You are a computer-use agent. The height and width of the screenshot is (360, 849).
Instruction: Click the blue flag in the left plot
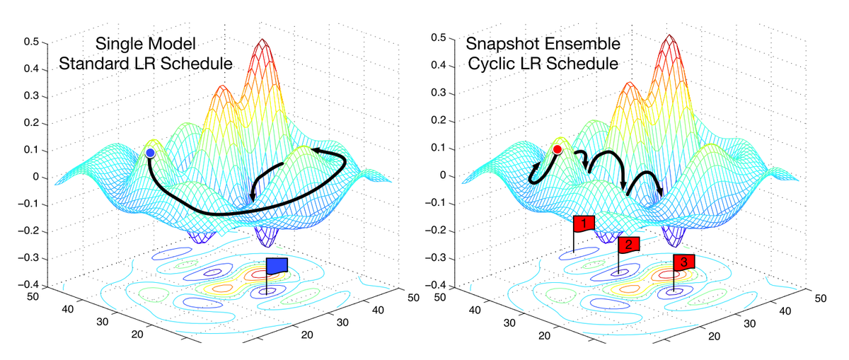tap(277, 265)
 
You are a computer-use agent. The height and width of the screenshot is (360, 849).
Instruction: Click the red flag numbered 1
tap(584, 223)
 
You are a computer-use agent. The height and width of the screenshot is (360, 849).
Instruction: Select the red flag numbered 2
tap(629, 245)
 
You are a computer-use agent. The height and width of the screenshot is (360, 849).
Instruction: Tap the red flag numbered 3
tap(684, 262)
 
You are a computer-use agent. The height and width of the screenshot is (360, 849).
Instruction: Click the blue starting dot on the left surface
tap(150, 153)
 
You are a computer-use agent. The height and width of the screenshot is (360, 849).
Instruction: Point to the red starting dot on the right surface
tap(558, 149)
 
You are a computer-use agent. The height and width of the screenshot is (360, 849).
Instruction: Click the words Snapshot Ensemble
tap(543, 45)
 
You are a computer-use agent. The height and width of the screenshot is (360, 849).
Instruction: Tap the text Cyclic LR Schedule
tap(542, 64)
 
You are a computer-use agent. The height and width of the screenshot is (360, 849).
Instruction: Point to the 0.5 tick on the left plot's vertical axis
tap(30, 42)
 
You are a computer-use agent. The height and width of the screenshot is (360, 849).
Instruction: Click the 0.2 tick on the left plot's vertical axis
tap(30, 123)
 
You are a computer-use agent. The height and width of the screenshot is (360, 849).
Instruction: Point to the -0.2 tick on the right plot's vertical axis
tap(438, 230)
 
